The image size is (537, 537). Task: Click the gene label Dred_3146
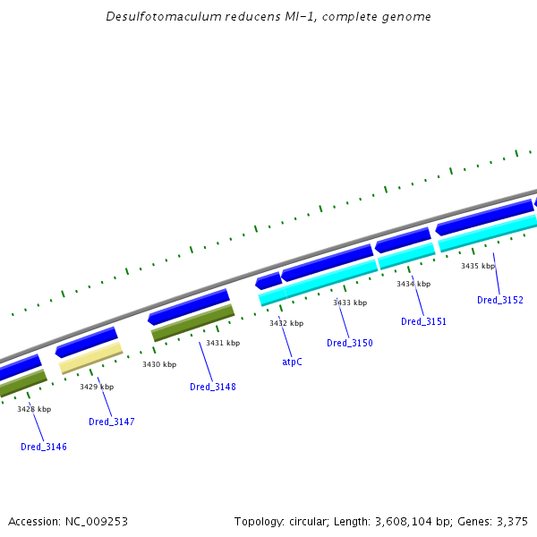coord(44,447)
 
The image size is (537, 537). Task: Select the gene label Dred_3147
coord(112,422)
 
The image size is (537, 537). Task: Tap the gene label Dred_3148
coord(213,387)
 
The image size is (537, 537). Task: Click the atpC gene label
coord(292,362)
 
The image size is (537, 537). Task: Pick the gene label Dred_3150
coord(350,343)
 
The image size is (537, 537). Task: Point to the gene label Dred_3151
coord(423,321)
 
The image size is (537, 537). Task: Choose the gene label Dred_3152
coord(500,300)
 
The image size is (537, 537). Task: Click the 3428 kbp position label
coord(34,409)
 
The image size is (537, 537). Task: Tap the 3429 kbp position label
coord(97,387)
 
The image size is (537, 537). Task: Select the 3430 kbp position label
coord(159,364)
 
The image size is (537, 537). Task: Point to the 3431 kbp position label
coord(223,343)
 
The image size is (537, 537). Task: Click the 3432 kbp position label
coord(286,323)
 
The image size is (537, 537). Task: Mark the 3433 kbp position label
coord(350,303)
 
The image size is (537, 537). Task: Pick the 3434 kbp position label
coord(413,284)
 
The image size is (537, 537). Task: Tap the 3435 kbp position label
coord(478,266)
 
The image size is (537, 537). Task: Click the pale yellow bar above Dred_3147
coord(90,361)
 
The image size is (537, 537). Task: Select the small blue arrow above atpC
coord(268,281)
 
